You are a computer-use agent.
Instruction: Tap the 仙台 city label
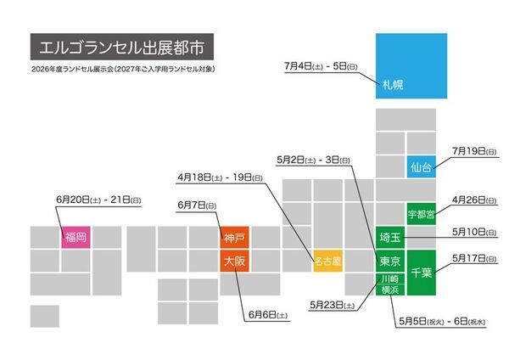coord(421,168)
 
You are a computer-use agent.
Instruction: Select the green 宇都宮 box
coord(421,214)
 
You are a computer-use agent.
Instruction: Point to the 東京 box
coord(389,262)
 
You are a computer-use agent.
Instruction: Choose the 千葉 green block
coord(421,272)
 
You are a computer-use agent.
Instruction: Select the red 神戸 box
coord(234,237)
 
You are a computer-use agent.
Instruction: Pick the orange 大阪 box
coord(234,262)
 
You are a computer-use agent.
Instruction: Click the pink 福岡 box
coord(75,237)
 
